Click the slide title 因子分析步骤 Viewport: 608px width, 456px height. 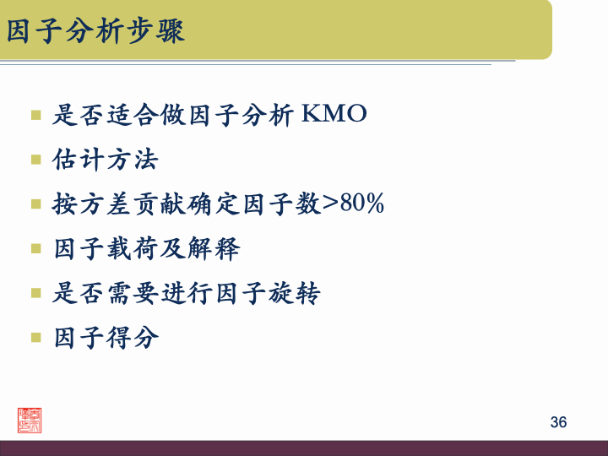click(x=95, y=31)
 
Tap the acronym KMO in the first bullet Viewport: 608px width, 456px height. click(x=334, y=114)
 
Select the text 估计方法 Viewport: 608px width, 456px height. click(x=106, y=159)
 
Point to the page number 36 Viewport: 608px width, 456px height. click(x=558, y=422)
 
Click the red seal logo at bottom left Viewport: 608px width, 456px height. click(x=31, y=421)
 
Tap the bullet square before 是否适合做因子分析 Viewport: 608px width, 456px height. click(x=35, y=114)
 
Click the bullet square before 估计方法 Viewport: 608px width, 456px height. click(x=35, y=159)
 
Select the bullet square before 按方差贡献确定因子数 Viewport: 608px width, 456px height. click(x=35, y=204)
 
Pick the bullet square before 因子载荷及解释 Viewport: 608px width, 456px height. click(x=35, y=248)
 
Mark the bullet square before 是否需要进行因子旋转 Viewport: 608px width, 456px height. click(x=35, y=293)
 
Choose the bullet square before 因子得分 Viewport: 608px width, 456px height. click(x=35, y=338)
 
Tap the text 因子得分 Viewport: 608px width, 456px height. click(x=106, y=338)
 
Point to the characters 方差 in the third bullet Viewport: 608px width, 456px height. click(x=106, y=204)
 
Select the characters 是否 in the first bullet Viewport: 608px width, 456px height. click(x=79, y=114)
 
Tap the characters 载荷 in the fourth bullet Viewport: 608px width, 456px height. click(x=133, y=248)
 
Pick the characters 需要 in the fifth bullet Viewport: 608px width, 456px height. click(x=133, y=293)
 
